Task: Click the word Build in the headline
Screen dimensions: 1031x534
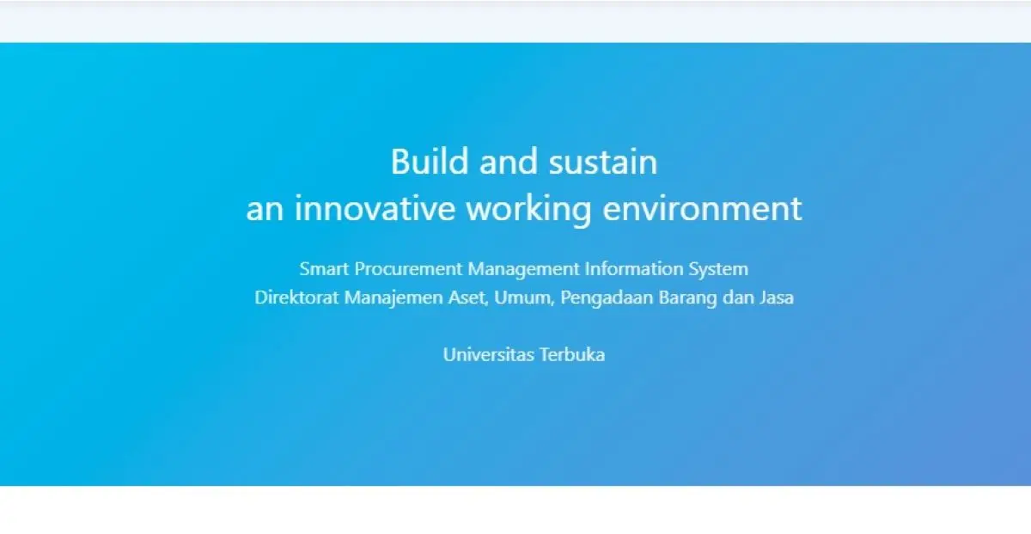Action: pos(430,161)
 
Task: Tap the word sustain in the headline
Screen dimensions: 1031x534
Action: pos(603,162)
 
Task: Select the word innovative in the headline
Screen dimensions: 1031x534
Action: pos(375,208)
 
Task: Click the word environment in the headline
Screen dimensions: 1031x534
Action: pos(703,209)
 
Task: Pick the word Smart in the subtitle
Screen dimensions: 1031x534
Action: pos(324,268)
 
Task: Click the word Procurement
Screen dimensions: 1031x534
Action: pos(408,268)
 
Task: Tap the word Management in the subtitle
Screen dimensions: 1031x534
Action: pos(523,269)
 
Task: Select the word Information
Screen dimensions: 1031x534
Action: pos(634,268)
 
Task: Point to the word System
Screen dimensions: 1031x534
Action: pos(718,269)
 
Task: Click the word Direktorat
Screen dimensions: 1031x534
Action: pos(296,298)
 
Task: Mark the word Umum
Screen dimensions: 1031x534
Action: pos(524,298)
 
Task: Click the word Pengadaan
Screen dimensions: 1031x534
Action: pos(607,298)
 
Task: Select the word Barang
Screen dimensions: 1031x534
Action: pos(687,298)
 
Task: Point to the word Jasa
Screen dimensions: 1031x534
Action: pos(777,298)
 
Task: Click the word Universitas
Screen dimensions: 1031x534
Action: pos(488,354)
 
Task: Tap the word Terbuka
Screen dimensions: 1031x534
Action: pos(572,354)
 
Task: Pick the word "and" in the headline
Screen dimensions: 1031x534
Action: pos(509,161)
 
